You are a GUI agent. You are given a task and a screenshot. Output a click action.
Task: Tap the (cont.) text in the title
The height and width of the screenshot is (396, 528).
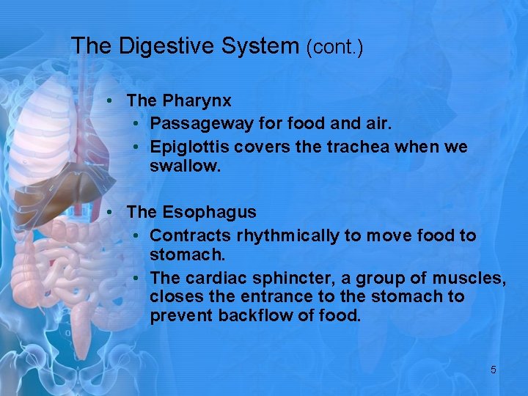click(334, 48)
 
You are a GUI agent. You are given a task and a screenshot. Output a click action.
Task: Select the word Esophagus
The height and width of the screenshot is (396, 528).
click(209, 213)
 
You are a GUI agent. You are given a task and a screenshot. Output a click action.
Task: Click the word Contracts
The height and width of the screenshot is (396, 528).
click(190, 236)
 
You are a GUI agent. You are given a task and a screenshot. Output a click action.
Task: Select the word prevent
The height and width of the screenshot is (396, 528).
click(177, 317)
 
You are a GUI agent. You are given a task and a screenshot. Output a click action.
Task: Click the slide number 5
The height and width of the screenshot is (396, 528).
click(493, 370)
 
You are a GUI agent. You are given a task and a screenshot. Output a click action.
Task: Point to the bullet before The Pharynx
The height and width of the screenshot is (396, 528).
click(108, 100)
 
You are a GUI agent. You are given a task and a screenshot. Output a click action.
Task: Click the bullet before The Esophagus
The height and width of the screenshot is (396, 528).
click(108, 213)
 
